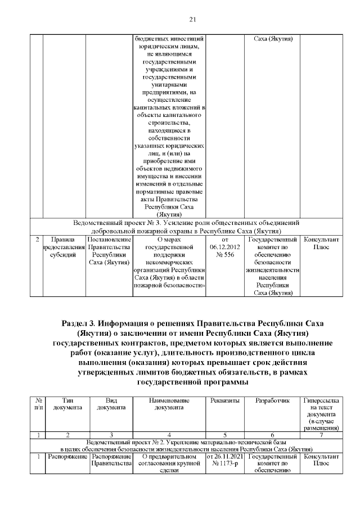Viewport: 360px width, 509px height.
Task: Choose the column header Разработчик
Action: (272, 400)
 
